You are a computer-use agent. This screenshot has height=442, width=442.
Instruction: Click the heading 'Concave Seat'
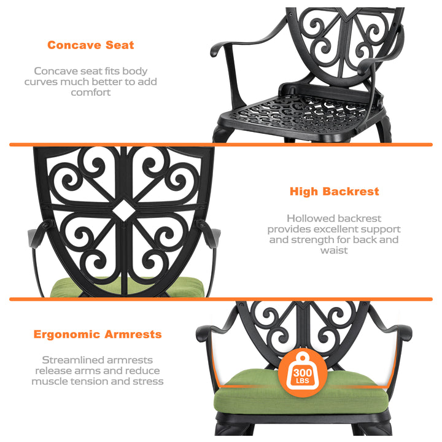tap(90, 45)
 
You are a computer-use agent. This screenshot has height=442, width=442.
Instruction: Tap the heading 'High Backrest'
tap(335, 192)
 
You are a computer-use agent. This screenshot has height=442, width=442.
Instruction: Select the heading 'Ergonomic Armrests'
tap(98, 335)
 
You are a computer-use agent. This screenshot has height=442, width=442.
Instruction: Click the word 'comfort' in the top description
tap(90, 93)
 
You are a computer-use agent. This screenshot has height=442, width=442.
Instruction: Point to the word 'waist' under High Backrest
tap(334, 250)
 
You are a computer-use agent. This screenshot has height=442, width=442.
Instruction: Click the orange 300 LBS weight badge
tap(303, 373)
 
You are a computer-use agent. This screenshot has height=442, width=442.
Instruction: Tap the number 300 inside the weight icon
tap(303, 373)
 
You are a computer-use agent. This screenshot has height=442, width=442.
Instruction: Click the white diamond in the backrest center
tap(123, 211)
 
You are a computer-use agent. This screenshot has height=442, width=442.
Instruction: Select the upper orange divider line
tap(221, 145)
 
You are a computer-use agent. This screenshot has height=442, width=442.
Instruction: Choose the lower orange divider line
tap(221, 299)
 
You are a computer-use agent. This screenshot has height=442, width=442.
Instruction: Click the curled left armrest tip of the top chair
tap(215, 50)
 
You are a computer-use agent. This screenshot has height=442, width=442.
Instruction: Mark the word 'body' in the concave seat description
tap(134, 71)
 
